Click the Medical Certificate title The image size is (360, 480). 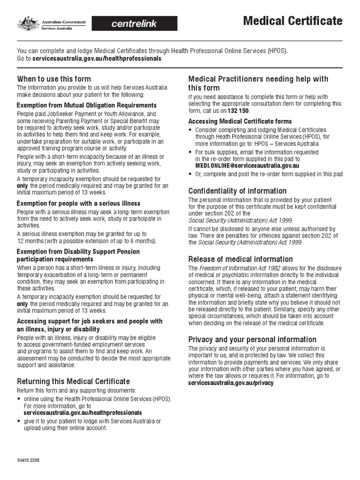click(292, 21)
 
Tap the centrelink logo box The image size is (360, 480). click(134, 23)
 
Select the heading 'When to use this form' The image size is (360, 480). click(54, 79)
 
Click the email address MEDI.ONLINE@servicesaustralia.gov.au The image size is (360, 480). click(247, 165)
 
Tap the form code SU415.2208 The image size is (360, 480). click(29, 460)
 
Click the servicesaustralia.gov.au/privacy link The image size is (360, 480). click(231, 383)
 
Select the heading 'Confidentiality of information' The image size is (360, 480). click(237, 191)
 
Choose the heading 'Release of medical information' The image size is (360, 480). click(240, 259)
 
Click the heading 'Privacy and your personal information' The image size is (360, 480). click(252, 339)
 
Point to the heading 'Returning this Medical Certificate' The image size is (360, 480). click(74, 382)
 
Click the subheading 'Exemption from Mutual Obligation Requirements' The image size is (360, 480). click(87, 105)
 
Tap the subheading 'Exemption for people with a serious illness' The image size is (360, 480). click(78, 203)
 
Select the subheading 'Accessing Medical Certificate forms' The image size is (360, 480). click(240, 121)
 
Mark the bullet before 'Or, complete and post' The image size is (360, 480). click(190, 174)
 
